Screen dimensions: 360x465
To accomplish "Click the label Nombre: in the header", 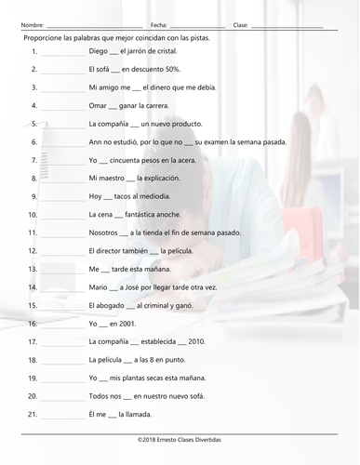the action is pyautogui.click(x=31, y=24).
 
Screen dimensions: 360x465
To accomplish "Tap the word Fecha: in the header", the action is pyautogui.click(x=159, y=24).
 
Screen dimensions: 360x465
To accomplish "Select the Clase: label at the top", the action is pyautogui.click(x=241, y=24).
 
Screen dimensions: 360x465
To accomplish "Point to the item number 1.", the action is pyautogui.click(x=33, y=52).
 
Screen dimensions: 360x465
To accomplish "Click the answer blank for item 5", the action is pyautogui.click(x=62, y=124).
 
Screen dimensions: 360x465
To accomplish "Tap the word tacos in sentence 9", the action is pyautogui.click(x=127, y=196).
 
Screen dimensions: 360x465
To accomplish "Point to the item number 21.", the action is pyautogui.click(x=33, y=413).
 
